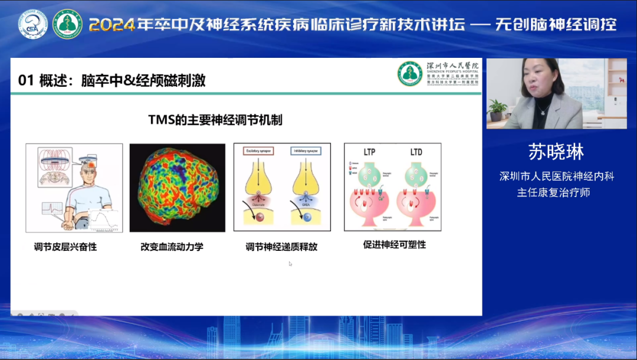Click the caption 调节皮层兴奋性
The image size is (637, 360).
65,247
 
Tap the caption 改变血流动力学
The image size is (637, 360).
172,247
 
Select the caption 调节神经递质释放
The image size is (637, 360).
281,247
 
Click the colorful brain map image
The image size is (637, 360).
177,188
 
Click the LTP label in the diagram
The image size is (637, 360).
370,152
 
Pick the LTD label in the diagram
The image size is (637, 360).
416,152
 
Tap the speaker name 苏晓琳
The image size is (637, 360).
556,152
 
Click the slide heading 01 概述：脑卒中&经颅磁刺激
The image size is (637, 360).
112,81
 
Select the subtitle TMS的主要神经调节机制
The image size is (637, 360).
215,120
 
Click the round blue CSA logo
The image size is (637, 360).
33,24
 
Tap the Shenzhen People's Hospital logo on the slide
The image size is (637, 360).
409,74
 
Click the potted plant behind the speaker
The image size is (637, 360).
498,109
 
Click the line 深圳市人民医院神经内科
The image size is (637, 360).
556,176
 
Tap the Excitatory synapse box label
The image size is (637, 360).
258,152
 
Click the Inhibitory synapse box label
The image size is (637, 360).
305,152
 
